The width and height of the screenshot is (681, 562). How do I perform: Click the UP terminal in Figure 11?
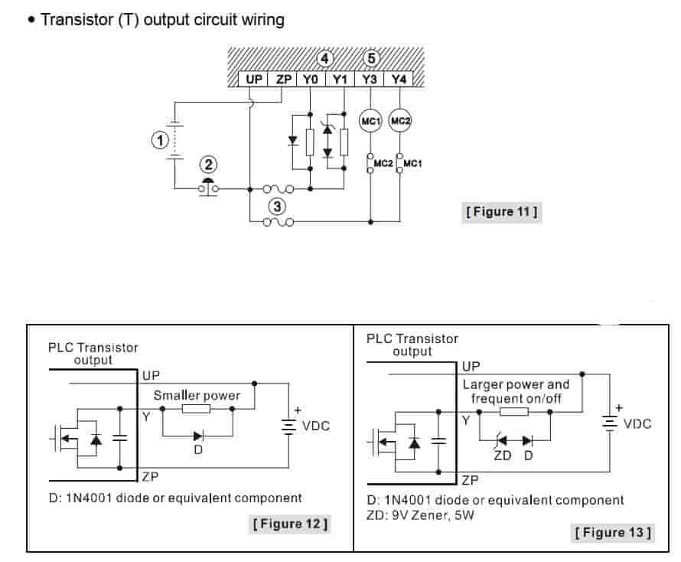pyautogui.click(x=253, y=79)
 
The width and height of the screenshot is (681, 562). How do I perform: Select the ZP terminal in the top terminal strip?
pyautogui.click(x=283, y=79)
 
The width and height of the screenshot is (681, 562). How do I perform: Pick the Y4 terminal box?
pyautogui.click(x=399, y=79)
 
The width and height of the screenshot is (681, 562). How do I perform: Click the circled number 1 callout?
pyautogui.click(x=159, y=140)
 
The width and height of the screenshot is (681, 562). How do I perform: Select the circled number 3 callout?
pyautogui.click(x=276, y=205)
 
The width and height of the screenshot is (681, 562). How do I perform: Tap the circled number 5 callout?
pyautogui.click(x=372, y=58)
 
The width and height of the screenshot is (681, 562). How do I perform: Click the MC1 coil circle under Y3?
pyautogui.click(x=371, y=121)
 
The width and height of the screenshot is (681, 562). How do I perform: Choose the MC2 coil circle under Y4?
pyautogui.click(x=400, y=121)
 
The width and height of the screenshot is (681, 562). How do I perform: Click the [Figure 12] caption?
pyautogui.click(x=290, y=524)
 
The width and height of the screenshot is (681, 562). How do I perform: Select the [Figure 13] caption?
pyautogui.click(x=612, y=531)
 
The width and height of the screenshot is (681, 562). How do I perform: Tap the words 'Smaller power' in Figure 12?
pyautogui.click(x=197, y=395)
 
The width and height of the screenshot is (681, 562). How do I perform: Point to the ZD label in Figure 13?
pyautogui.click(x=502, y=456)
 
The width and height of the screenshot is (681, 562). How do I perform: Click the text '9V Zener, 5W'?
pyautogui.click(x=441, y=516)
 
